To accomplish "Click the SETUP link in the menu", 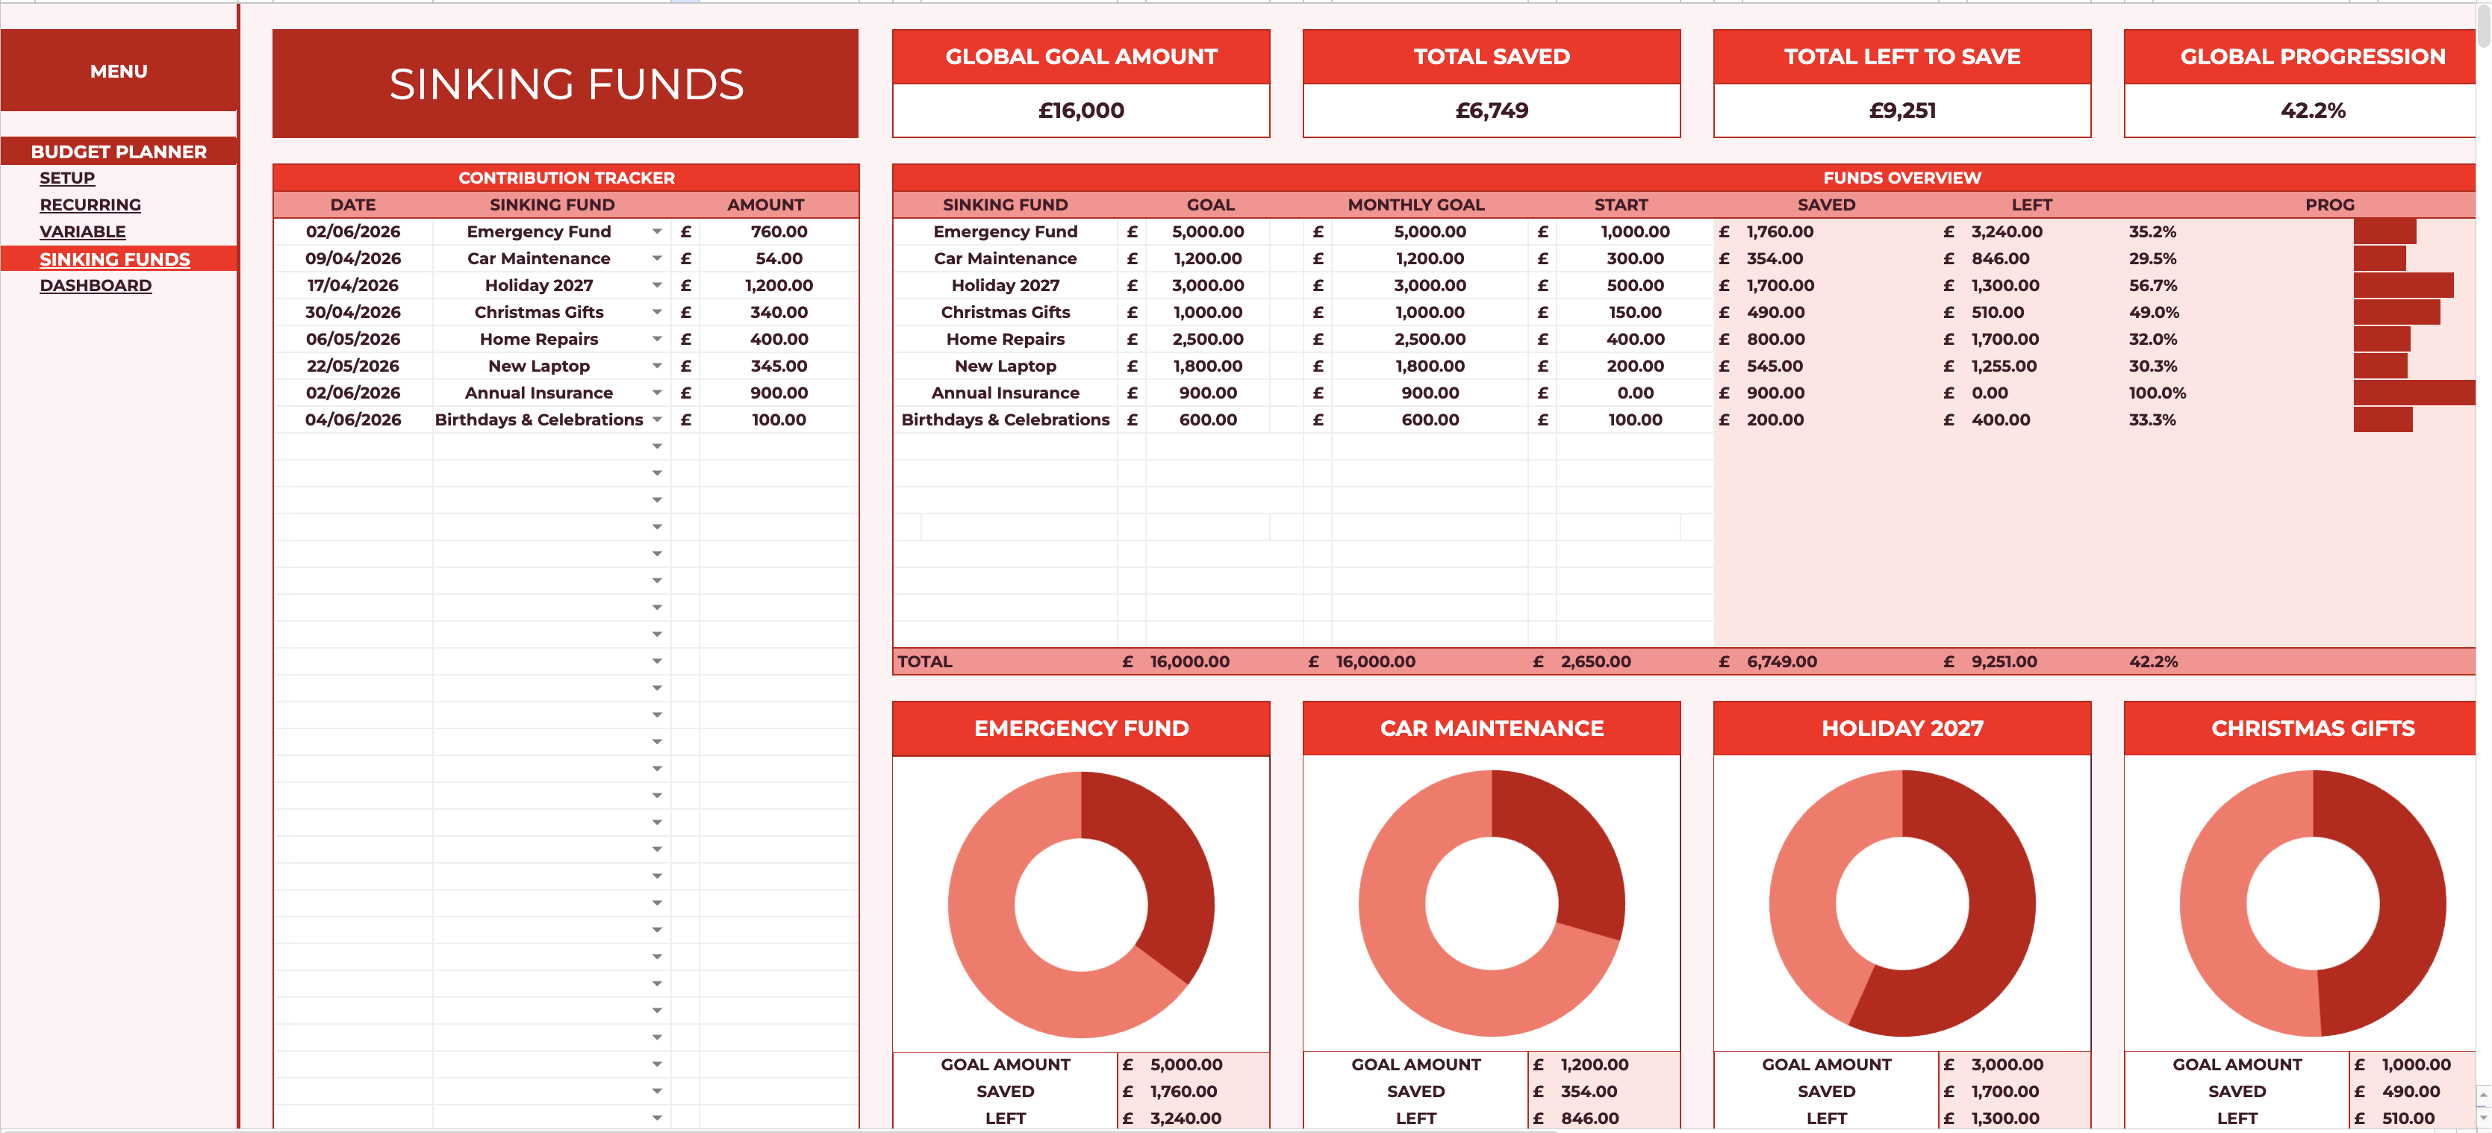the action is tap(66, 178).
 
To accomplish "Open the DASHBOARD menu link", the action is tap(96, 285).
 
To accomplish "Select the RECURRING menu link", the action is tap(90, 205).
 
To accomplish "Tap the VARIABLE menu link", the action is tap(82, 232).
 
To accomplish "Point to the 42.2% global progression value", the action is tap(2312, 110).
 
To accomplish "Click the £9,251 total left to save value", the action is tap(1902, 110).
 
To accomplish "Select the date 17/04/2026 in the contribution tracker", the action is tap(352, 285).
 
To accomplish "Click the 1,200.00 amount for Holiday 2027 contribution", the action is tap(779, 285).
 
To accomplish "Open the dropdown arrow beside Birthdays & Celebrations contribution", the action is tap(657, 420).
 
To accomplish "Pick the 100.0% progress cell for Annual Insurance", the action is tap(2158, 393).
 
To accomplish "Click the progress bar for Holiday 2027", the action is tap(2403, 285).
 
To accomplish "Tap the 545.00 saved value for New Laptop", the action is tap(1775, 366).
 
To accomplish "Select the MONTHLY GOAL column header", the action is tap(1415, 205).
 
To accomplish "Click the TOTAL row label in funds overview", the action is tap(925, 662).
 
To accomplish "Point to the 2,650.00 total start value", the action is tap(1595, 662).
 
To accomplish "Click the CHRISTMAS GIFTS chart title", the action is tap(2312, 728).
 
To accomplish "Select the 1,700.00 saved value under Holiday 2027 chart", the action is tap(2004, 1091).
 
